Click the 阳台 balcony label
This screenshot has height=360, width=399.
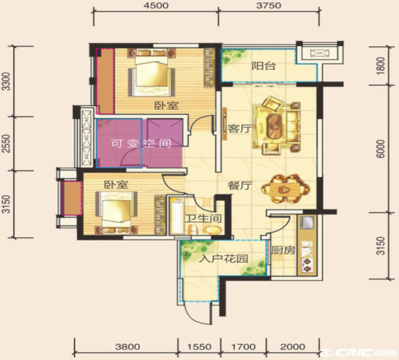264,66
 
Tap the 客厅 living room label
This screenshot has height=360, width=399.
236,128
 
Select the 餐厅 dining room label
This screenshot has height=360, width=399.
239,186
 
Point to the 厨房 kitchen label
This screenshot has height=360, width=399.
283,250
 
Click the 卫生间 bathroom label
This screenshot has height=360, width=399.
203,219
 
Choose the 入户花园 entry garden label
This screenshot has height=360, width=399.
223,259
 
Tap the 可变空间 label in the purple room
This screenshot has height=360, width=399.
141,143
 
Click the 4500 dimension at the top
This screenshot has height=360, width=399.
156,6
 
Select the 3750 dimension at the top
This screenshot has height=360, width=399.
269,6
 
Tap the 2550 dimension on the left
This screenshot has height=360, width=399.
6,143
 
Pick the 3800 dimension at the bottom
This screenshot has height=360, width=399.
127,346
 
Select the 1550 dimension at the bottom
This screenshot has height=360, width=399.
199,346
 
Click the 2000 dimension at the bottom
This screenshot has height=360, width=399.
293,346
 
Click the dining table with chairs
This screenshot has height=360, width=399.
285,189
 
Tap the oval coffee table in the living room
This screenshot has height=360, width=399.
274,126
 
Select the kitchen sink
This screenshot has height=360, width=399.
307,223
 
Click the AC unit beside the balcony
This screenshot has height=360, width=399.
320,53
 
